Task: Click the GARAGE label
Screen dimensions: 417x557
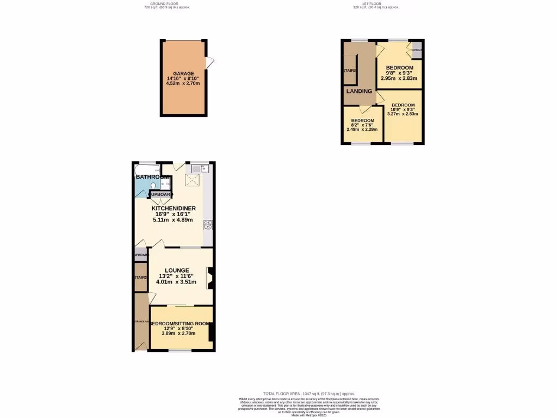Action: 183,73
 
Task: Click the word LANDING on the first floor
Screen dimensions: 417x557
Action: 359,91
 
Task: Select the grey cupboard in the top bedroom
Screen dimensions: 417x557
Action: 417,50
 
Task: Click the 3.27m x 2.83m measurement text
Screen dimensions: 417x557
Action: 403,114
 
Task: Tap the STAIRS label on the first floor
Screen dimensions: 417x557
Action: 349,71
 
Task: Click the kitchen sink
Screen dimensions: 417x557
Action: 200,169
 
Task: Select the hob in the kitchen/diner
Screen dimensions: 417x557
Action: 208,224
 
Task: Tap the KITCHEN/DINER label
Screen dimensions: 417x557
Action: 174,208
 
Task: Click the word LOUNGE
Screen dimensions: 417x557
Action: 178,270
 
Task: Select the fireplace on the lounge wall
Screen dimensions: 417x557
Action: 209,277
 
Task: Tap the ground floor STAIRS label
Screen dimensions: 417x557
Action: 140,277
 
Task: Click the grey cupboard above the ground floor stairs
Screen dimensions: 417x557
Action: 140,255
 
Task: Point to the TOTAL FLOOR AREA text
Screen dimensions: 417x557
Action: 308,393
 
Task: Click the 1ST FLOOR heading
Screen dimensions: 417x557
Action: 375,4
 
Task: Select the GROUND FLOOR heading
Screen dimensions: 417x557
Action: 162,4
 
